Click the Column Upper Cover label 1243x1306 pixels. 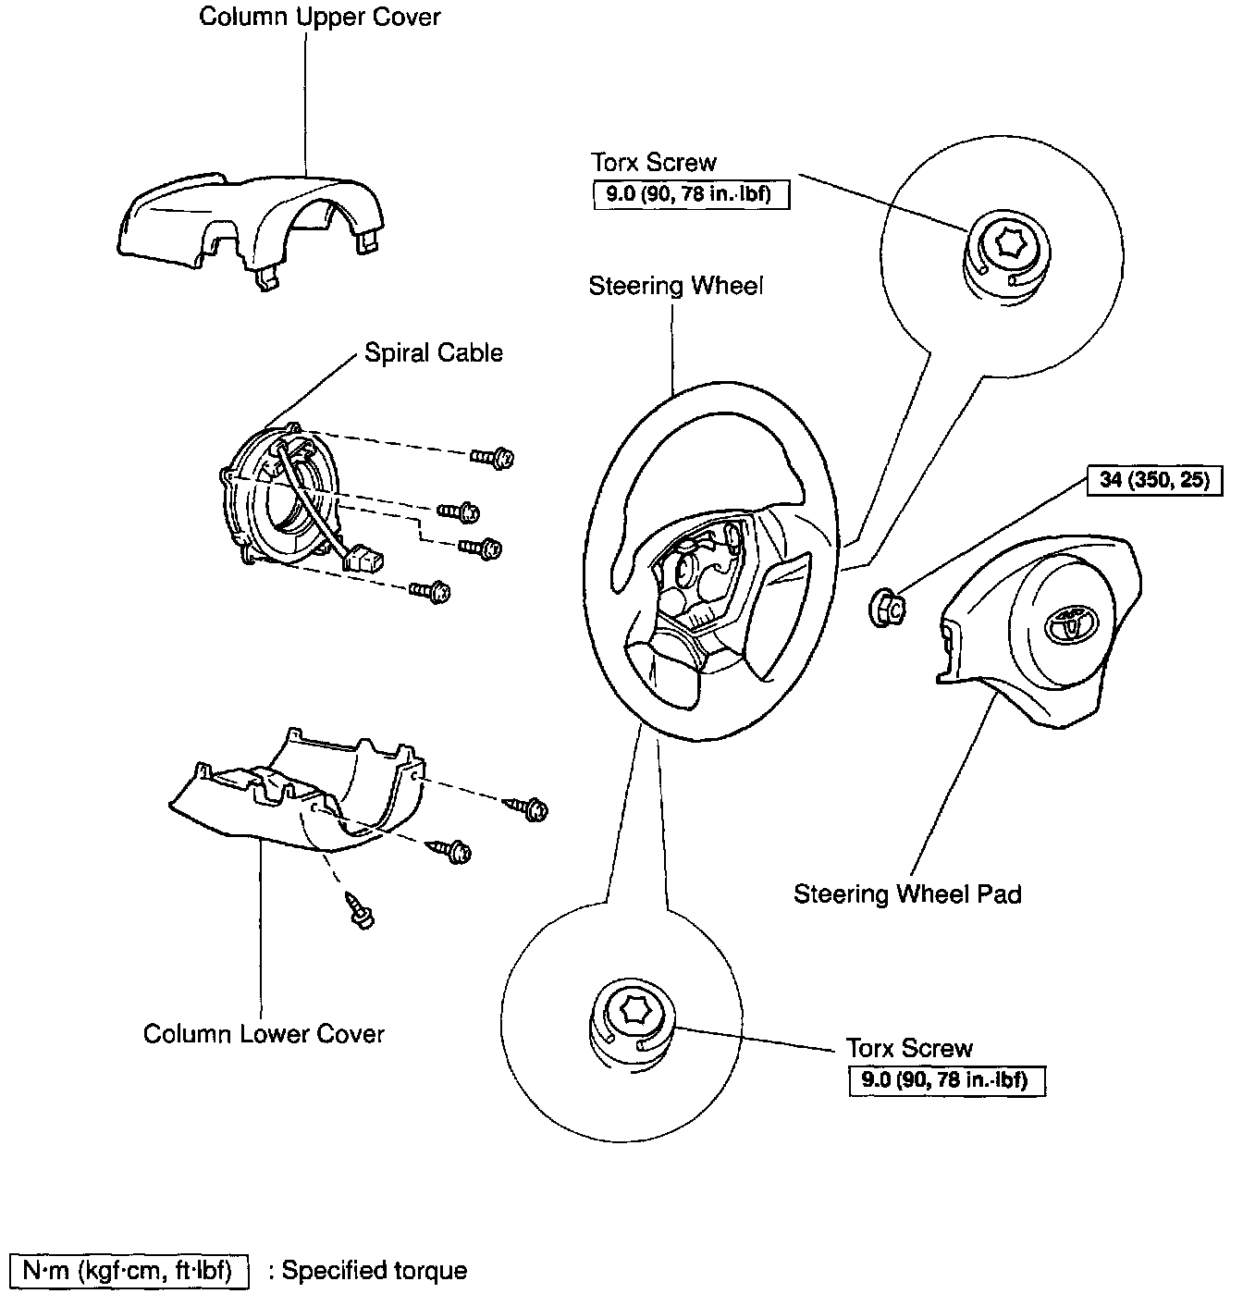[x=320, y=18]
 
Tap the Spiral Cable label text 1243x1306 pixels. [x=433, y=353]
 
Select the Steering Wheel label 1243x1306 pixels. [x=676, y=286]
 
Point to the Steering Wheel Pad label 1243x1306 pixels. [x=907, y=894]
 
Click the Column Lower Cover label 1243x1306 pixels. [x=264, y=1033]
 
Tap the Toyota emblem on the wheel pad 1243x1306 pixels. [x=1070, y=626]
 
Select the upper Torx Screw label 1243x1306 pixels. [x=653, y=163]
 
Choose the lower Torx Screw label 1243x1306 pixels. [x=909, y=1049]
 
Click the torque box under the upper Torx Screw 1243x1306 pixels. [x=691, y=195]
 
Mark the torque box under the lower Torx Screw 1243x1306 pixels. [x=947, y=1080]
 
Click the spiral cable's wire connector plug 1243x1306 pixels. [x=364, y=561]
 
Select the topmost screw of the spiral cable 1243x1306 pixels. [x=494, y=457]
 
